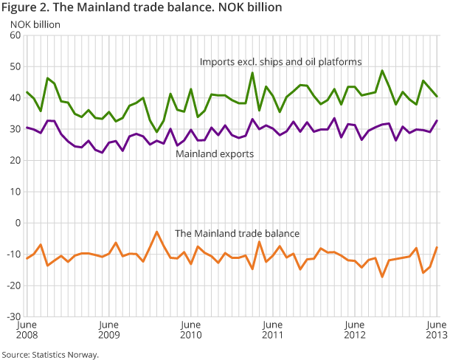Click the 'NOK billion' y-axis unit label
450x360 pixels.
pos(35,24)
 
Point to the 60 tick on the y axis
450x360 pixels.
pos(15,35)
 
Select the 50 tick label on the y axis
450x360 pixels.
pos(15,66)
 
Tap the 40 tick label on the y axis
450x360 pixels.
pos(15,98)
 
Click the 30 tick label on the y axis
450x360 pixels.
pos(15,129)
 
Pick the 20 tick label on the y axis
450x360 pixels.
pos(15,160)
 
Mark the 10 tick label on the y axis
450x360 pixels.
pos(15,192)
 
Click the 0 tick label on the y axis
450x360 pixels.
pos(18,223)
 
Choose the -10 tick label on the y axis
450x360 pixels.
pos(14,254)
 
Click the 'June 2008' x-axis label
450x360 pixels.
pos(27,330)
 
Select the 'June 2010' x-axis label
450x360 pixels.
pos(191,330)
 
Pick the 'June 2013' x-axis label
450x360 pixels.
pos(436,330)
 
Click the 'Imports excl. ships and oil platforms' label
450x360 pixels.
pos(280,61)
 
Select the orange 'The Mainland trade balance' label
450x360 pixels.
pos(237,233)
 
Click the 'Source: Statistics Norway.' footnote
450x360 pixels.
pos(50,354)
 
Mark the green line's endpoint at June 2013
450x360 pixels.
pos(437,97)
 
